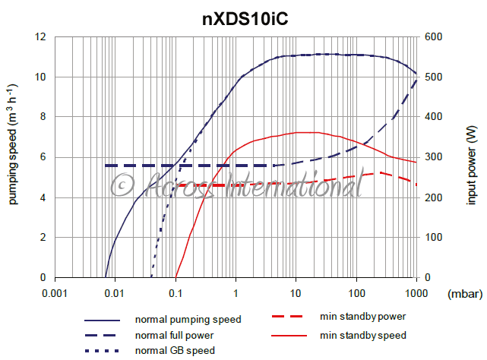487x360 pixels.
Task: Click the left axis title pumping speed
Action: point(13,156)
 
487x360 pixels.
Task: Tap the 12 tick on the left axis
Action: point(40,36)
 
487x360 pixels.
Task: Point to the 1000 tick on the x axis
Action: point(415,292)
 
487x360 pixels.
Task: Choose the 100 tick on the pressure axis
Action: point(356,292)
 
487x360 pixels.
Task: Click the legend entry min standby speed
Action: point(363,335)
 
